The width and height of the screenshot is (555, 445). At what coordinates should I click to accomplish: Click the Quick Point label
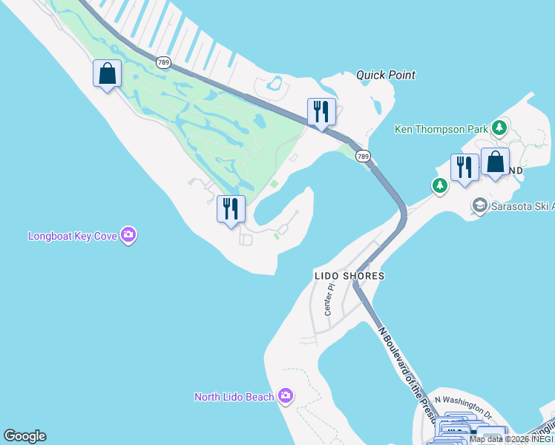[385, 75]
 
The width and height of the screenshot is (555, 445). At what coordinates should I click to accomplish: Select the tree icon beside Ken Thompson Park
[500, 128]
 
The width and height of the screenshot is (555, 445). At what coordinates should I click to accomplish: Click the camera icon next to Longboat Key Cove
[130, 236]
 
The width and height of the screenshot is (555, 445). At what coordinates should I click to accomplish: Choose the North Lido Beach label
[234, 397]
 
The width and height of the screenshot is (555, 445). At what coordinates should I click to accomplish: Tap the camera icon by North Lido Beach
[286, 396]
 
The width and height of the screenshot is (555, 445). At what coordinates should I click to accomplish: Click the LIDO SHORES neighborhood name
[349, 276]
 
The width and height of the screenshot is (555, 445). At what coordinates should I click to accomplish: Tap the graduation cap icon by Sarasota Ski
[479, 205]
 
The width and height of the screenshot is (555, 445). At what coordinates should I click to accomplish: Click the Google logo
[24, 436]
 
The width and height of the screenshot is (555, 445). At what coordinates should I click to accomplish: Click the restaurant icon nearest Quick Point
[321, 111]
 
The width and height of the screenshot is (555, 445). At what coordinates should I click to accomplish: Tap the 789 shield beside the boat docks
[164, 62]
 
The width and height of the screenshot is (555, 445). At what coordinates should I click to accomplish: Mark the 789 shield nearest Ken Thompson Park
[362, 156]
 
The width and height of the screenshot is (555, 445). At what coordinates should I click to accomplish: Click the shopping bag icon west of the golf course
[108, 73]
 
